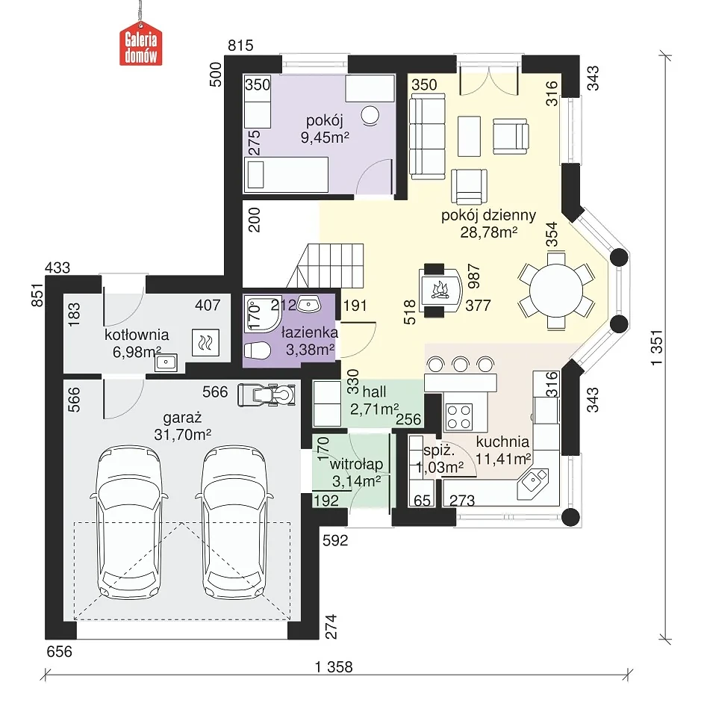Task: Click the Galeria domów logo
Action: coord(140,45)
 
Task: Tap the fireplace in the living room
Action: coord(440,290)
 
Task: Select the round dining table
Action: coord(556,291)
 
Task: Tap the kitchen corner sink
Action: coord(532,483)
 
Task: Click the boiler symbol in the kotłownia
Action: coord(205,342)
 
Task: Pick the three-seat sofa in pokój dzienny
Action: coord(427,136)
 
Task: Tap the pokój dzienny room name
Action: coord(488,215)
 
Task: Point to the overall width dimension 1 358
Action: coord(334,666)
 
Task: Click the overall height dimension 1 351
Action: coord(657,347)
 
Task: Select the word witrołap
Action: coord(356,465)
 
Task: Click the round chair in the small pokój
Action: coord(370,115)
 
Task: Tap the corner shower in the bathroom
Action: coord(262,314)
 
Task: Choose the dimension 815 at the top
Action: coord(241,46)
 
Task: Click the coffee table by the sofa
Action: coord(469,136)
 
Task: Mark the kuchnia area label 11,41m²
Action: coord(503,459)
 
